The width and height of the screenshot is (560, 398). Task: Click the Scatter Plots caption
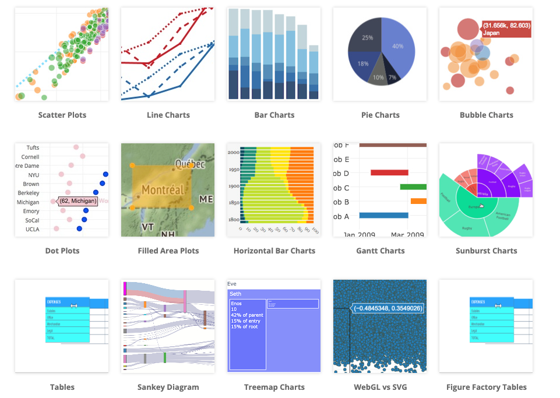coord(62,115)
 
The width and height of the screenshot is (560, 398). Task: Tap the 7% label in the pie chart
coord(392,78)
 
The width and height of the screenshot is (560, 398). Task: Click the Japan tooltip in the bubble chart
coord(506,29)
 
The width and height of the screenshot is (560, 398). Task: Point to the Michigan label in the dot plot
coord(29,202)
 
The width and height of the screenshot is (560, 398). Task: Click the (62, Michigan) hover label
coord(78,201)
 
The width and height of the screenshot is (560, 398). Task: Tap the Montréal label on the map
coord(163,190)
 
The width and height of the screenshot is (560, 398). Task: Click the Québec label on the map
coord(189,164)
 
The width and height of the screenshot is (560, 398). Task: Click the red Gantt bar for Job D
coord(389,172)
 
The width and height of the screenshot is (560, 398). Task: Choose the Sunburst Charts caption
coord(485,251)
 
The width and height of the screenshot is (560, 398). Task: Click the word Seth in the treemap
coord(235,294)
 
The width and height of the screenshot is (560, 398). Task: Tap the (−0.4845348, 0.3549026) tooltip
coord(388,308)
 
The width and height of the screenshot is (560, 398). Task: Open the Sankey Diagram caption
coord(168,387)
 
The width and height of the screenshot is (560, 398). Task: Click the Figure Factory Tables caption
coord(486,387)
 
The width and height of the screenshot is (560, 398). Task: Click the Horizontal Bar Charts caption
coord(274,251)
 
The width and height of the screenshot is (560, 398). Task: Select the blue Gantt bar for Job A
coord(383,215)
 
